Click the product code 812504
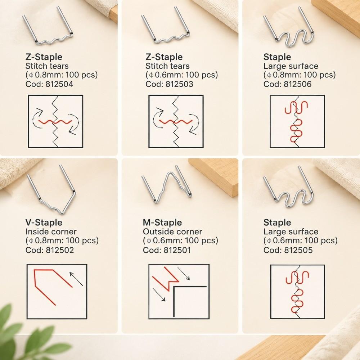59,84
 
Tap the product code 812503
179,84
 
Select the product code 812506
298,84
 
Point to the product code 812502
60,250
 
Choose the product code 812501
177,250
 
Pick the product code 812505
298,250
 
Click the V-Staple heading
44,222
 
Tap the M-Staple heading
162,222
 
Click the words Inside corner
51,231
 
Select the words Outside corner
172,231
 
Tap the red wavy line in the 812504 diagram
55,121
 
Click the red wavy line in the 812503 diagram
176,121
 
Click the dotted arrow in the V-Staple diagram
76,279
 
